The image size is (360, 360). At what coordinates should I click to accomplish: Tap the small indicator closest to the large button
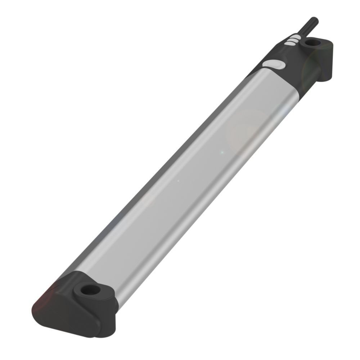pyautogui.click(x=289, y=44)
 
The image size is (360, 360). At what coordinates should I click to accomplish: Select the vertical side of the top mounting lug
pyautogui.click(x=327, y=65)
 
